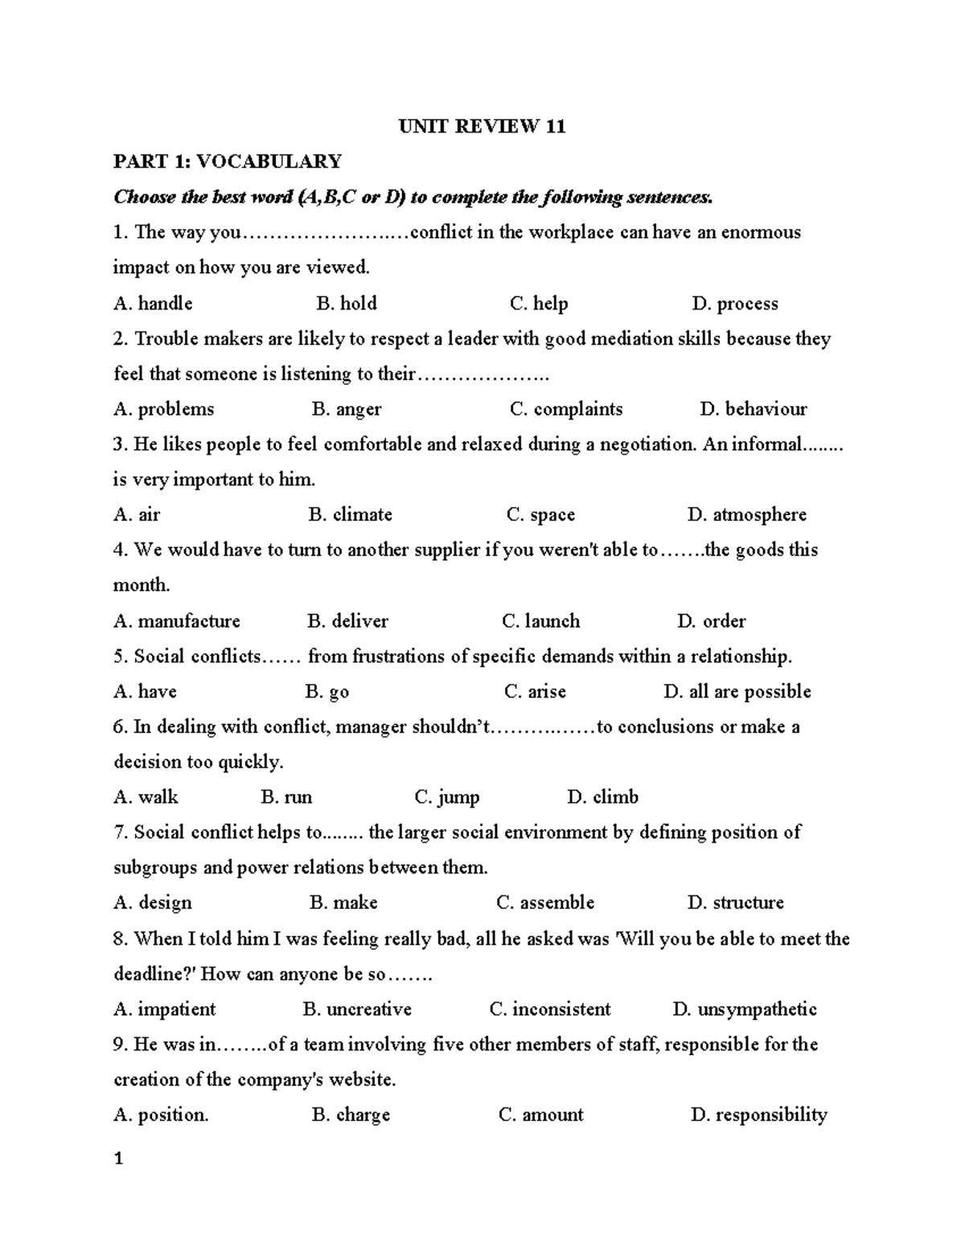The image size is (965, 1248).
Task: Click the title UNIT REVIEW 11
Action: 482,126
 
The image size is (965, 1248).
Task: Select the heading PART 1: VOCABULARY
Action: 228,162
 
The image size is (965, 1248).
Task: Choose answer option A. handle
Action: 153,303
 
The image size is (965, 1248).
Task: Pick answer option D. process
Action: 734,304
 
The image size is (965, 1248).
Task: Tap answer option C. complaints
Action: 566,409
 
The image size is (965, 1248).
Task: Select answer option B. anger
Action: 347,409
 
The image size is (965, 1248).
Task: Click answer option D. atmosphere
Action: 747,514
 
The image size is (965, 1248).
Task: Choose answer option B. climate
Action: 350,514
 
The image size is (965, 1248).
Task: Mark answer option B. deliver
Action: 347,621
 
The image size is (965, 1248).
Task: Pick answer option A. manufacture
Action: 177,621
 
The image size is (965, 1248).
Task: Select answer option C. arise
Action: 535,691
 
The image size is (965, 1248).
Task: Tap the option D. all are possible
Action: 737,691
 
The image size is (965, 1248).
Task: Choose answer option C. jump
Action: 447,797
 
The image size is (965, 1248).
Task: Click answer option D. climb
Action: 602,797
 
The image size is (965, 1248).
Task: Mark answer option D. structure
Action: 735,902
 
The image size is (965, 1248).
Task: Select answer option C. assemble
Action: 545,902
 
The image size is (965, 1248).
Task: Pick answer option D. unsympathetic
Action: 744,1009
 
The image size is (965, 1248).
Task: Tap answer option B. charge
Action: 351,1115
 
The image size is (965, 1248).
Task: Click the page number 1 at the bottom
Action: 118,1159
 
